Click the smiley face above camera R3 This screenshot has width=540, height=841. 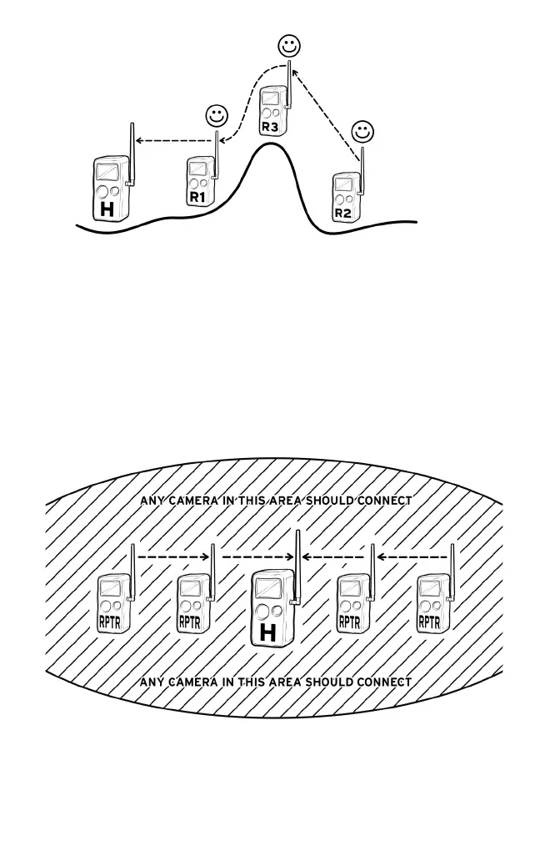288,47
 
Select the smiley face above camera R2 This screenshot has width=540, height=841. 362,132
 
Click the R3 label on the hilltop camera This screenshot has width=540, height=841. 269,127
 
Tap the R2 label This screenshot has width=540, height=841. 342,214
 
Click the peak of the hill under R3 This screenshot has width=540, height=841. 268,146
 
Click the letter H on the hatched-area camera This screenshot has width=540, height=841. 267,633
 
